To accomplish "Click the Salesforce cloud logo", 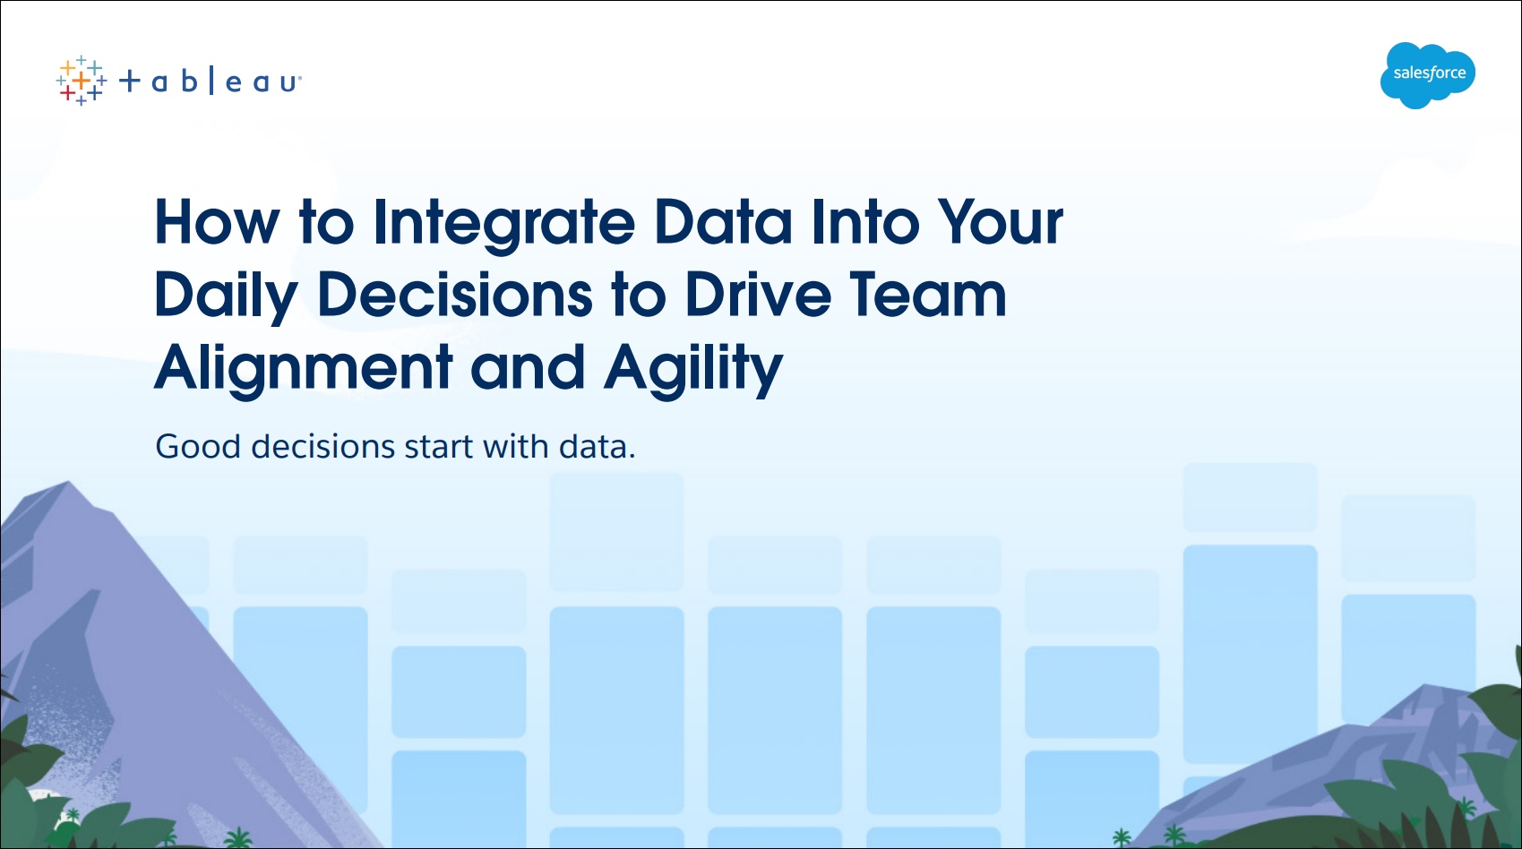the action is click(x=1428, y=74).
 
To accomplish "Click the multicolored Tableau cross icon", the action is click(x=81, y=81).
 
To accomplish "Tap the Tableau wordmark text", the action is click(x=210, y=81).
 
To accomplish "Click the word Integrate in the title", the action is click(x=504, y=224).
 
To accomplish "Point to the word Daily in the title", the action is click(x=227, y=297).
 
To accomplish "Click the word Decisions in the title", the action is click(x=455, y=295).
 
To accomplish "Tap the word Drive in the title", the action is click(x=758, y=295).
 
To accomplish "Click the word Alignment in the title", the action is click(x=304, y=371).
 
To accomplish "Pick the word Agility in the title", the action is click(x=693, y=371).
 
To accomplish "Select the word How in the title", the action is click(x=217, y=222).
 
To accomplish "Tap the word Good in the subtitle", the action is click(x=198, y=447).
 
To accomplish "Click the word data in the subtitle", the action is click(x=597, y=447).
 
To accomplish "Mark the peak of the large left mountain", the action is click(x=68, y=482).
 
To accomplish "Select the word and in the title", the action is click(x=528, y=367).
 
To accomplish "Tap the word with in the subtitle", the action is click(x=516, y=446).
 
